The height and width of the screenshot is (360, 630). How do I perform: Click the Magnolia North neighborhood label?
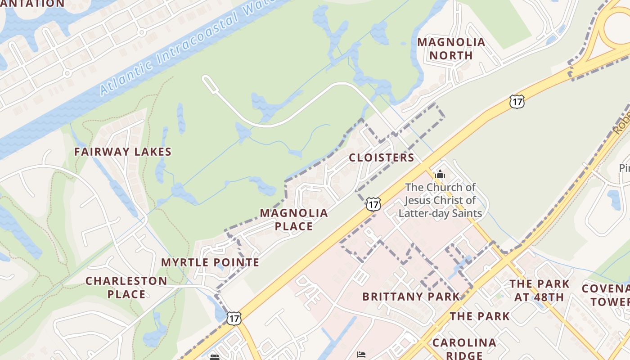(x=451, y=49)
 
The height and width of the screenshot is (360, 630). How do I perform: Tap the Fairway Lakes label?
(x=123, y=152)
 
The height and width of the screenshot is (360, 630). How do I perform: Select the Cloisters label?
(x=381, y=157)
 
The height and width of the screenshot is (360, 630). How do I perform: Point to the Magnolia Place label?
(x=294, y=219)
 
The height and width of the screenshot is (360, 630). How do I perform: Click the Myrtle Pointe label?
(x=210, y=262)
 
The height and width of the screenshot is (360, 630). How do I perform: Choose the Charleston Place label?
(x=126, y=288)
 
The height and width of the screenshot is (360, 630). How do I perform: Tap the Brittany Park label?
(x=411, y=297)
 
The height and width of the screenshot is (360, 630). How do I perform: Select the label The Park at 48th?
(x=539, y=290)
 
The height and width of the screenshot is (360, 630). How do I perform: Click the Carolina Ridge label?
(x=464, y=349)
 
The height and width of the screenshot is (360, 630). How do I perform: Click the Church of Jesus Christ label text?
(x=440, y=200)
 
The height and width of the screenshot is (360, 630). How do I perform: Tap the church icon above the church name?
(x=440, y=175)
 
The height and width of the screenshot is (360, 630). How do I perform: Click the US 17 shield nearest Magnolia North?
(x=517, y=102)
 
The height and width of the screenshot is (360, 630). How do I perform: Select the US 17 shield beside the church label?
(x=373, y=204)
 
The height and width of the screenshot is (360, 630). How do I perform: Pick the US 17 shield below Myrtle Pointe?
(x=234, y=318)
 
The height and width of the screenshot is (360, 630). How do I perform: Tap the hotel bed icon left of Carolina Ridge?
(x=361, y=354)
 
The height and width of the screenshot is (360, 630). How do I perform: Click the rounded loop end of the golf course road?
(x=208, y=81)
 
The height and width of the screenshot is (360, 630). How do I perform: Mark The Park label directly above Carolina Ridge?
(x=480, y=316)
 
